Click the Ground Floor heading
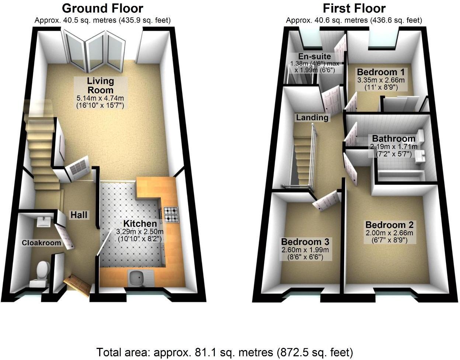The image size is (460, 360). pos(102,8)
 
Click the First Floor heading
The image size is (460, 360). pos(354,8)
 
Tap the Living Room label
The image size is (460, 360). pos(100,85)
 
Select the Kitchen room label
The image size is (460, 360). pos(140,224)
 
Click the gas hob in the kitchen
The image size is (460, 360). pos(171,215)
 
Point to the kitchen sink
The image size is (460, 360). pos(135,277)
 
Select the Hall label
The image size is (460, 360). pos(79,214)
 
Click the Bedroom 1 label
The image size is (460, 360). pos(381,72)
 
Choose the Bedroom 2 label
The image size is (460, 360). pos(389,225)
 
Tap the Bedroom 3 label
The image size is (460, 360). pos(305,242)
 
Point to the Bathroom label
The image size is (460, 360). pos(394,139)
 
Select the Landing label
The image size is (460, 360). pos(312,117)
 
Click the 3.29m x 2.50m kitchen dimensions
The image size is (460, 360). pos(140,232)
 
